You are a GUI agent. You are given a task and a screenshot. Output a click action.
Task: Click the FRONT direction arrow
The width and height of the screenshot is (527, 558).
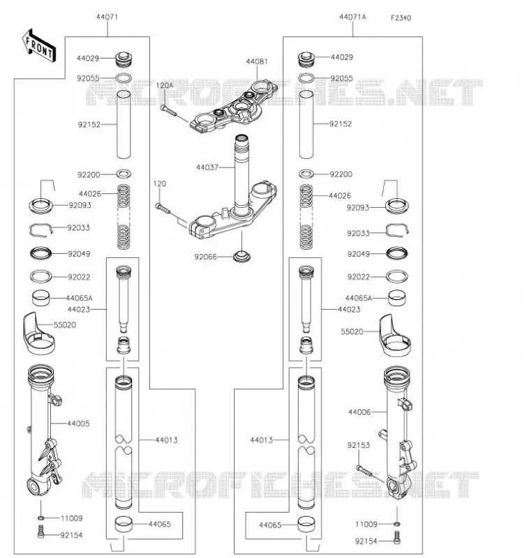coord(39,46)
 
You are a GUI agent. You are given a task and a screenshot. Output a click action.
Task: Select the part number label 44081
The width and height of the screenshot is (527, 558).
coord(257,61)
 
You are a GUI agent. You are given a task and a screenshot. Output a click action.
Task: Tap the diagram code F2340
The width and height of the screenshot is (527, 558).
coord(401,18)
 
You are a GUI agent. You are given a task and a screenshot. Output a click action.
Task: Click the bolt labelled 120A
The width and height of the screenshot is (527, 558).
coord(168,110)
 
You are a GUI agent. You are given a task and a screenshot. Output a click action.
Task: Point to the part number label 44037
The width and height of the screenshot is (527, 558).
coord(207,167)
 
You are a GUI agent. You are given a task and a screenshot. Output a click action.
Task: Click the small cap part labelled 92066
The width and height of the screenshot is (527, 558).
coord(242,256)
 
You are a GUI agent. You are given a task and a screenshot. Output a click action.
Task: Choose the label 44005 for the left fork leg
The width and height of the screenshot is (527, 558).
coord(78,423)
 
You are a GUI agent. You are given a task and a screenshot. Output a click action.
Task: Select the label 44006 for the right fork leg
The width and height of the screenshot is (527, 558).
coord(359,412)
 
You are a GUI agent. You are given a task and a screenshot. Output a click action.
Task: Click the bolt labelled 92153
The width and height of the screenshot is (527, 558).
coord(364,471)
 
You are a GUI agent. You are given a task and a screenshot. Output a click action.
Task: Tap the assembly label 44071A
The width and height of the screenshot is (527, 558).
coord(352,17)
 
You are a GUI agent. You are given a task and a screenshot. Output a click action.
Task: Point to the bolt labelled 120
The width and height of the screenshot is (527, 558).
coord(163,209)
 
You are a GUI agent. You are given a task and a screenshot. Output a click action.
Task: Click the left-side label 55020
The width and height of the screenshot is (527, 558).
coord(65,325)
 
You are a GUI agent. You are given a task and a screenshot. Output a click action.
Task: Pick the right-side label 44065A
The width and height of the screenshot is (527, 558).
coord(359,299)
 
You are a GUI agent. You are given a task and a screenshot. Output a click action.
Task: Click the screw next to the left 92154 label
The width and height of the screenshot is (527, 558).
coord(41,531)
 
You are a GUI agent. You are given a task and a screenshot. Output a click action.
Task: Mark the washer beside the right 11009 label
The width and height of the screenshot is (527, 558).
coord(397,524)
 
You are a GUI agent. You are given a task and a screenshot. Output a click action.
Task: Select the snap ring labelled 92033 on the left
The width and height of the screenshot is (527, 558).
coord(41,230)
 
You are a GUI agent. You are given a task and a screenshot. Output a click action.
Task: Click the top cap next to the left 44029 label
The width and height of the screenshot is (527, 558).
coord(124,59)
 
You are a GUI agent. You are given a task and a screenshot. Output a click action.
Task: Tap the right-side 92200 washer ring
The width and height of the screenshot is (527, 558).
coord(306,174)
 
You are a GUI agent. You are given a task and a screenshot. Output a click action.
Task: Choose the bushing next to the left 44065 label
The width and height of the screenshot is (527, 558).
coord(124,524)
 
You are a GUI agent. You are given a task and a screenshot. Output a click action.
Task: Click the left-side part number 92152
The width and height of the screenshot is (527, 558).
coord(89,125)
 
